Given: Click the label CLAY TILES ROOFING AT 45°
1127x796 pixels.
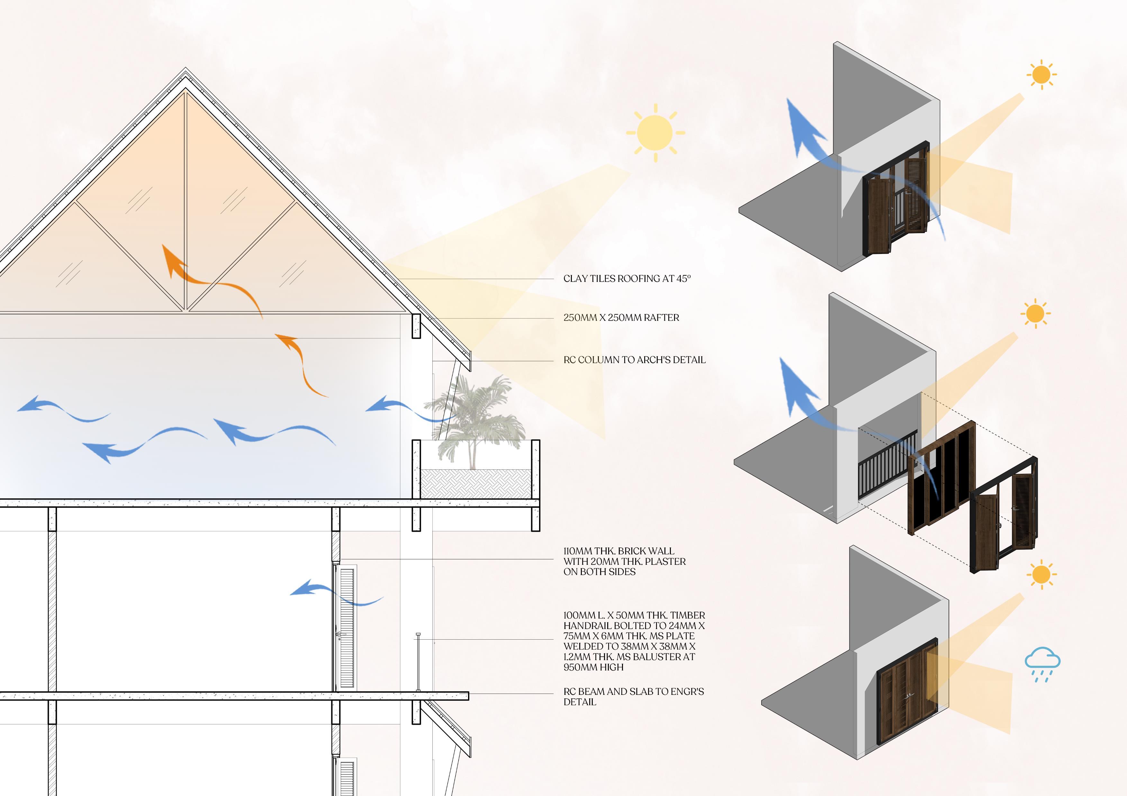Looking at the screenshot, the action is pyautogui.click(x=627, y=279).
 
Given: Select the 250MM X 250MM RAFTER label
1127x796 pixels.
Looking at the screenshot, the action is pyautogui.click(x=621, y=318).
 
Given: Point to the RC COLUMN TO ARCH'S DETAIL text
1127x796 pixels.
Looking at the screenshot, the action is pyautogui.click(x=634, y=360).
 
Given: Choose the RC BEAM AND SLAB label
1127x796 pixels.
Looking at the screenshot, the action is pyautogui.click(x=633, y=696).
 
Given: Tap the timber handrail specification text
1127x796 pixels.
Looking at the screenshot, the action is pyautogui.click(x=634, y=641).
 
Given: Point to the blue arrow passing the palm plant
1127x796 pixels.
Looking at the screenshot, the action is pyautogui.click(x=407, y=409).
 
